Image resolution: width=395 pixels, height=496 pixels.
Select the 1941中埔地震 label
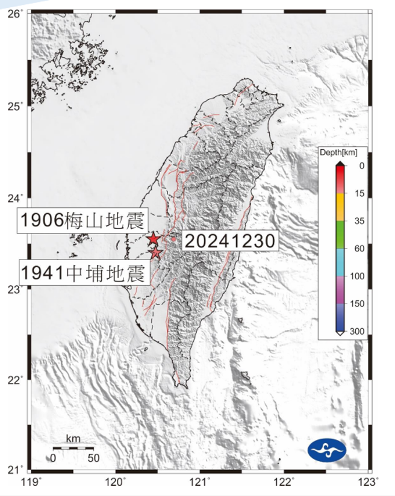point(84,273)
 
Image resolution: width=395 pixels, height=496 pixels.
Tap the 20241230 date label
point(229,241)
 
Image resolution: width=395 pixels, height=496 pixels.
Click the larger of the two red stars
point(153,239)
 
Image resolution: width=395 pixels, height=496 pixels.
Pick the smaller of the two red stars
point(155,253)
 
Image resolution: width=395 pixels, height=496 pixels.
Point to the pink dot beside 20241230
point(173,239)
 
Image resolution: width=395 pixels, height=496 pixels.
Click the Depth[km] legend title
point(341,153)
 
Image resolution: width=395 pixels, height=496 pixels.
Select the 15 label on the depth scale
point(360,193)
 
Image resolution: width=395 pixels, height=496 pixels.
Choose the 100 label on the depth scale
point(360,276)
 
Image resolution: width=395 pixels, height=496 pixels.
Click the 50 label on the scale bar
point(93,458)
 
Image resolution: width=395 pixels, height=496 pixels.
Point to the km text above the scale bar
point(72,439)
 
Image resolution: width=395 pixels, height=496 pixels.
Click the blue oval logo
point(327,450)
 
